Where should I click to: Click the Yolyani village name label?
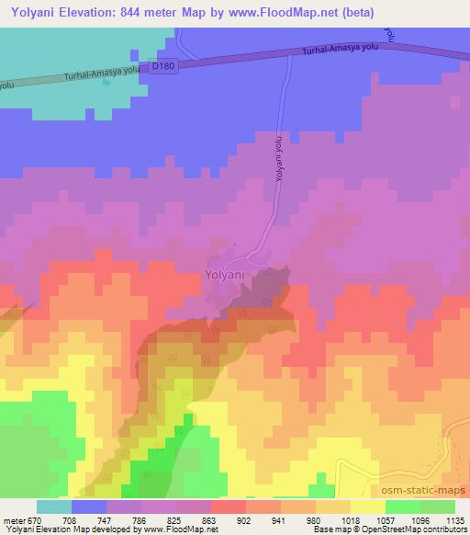224,273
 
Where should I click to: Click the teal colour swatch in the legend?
54,507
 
